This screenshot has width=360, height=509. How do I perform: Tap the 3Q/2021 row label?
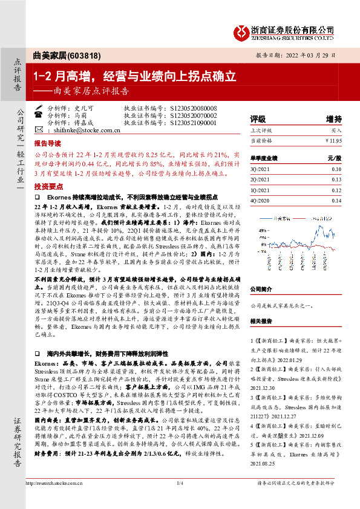coord(260,170)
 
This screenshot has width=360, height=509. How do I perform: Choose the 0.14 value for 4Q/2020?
coord(336,201)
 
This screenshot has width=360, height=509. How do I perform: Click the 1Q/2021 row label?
coord(260,190)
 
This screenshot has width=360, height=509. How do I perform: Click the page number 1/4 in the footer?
coord(180,484)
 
